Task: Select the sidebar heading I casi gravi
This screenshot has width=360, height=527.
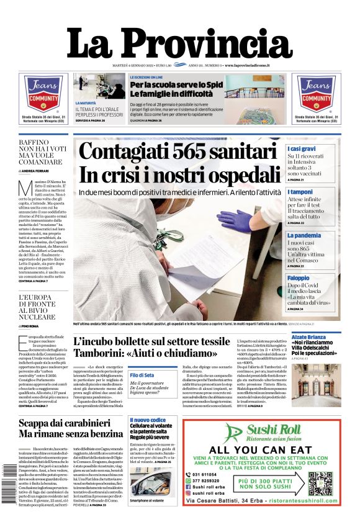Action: click(x=302, y=149)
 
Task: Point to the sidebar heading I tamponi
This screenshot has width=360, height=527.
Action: click(x=300, y=192)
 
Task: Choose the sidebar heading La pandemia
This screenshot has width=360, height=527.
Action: click(x=304, y=236)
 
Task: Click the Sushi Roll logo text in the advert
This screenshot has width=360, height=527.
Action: click(x=272, y=430)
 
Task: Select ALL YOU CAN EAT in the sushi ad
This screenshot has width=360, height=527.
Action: click(x=261, y=449)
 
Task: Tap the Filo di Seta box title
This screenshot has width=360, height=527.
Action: click(x=143, y=375)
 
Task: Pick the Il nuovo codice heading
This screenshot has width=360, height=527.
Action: click(x=148, y=420)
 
